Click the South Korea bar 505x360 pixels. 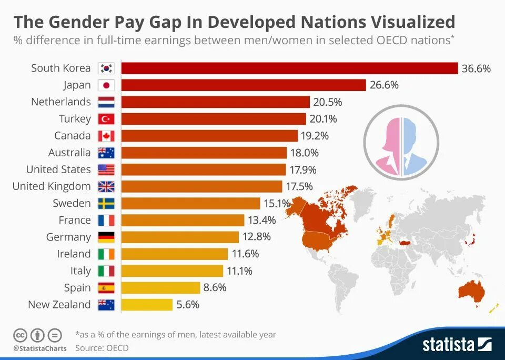pyautogui.click(x=289, y=68)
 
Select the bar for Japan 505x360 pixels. pyautogui.click(x=243, y=85)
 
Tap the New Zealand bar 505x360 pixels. pyautogui.click(x=147, y=304)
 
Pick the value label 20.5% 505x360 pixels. pyautogui.click(x=328, y=102)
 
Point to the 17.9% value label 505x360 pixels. pyautogui.click(x=302, y=169)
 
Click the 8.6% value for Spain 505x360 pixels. pyautogui.click(x=215, y=287)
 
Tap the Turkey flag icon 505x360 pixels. pyautogui.click(x=106, y=119)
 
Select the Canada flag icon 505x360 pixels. pyautogui.click(x=106, y=136)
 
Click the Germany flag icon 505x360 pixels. pyautogui.click(x=106, y=237)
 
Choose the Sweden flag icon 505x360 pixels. pyautogui.click(x=106, y=203)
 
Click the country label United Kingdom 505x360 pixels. pyautogui.click(x=52, y=186)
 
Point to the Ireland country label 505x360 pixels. pyautogui.click(x=74, y=254)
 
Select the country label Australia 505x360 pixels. pyautogui.click(x=69, y=153)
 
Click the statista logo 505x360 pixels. pyautogui.click(x=457, y=344)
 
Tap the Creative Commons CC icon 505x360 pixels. pyautogui.click(x=20, y=335)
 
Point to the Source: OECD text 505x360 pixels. pyautogui.click(x=102, y=348)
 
